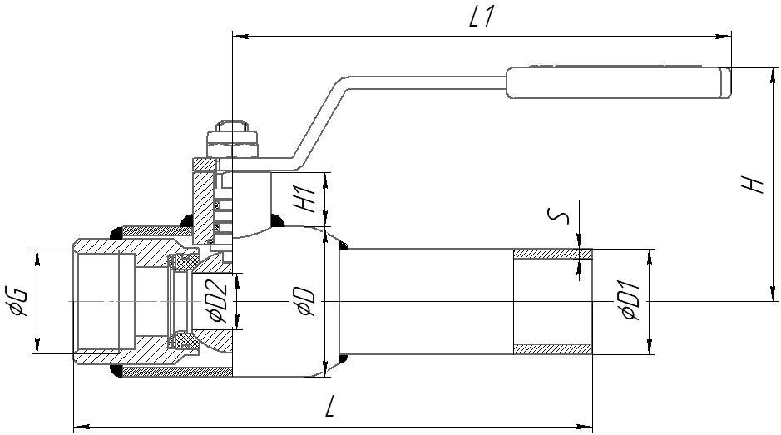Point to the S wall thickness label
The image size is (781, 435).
click(x=562, y=218)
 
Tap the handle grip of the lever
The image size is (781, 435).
click(x=616, y=83)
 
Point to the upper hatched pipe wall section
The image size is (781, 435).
click(x=552, y=254)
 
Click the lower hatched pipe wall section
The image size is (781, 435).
click(x=552, y=348)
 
